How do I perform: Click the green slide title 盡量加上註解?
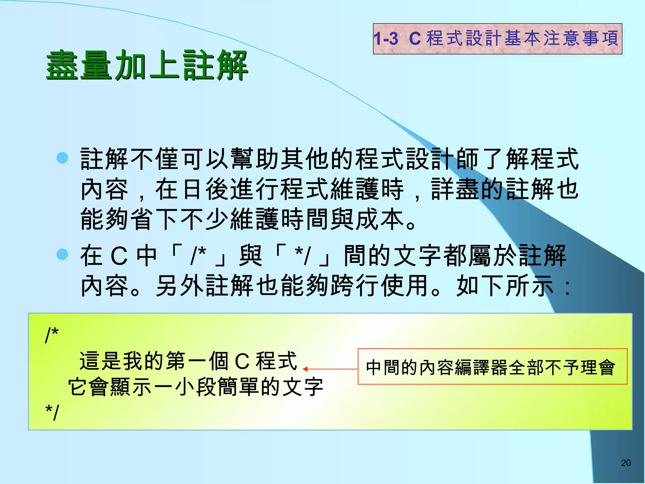point(147,65)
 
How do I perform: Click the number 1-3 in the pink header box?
point(386,39)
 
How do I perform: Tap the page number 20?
point(626,463)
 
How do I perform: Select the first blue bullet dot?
point(62,158)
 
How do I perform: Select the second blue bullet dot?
point(62,254)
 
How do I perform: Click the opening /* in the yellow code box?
point(52,335)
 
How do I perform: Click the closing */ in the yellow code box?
point(52,412)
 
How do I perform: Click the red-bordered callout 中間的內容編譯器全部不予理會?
point(492,367)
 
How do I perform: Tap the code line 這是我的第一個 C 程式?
point(188,361)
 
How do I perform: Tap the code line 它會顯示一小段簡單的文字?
point(196,387)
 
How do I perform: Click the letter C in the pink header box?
point(415,39)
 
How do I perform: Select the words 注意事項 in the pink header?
point(581,38)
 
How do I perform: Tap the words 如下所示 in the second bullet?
point(505,285)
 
